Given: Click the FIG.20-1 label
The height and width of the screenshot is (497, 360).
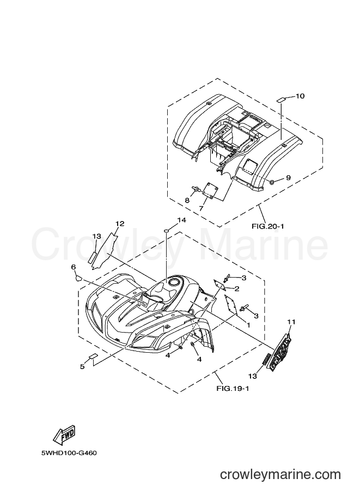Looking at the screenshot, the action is point(268,226).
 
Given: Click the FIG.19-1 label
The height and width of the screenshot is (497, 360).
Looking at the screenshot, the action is point(233,388).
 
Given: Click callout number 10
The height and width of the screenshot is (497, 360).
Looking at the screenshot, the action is point(300,96).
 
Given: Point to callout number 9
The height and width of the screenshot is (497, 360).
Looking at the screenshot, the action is point(288,178).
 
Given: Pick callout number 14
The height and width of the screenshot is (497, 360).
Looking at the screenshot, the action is point(181,220).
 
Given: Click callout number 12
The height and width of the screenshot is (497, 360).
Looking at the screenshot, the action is point(120,224).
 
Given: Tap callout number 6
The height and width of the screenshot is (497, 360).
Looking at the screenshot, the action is point(74,267).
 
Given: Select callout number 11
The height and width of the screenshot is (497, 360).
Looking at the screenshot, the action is point(291,322).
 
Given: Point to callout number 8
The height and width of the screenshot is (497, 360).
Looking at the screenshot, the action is point(187,200).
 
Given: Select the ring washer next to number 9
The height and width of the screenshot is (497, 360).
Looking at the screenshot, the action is point(272,182).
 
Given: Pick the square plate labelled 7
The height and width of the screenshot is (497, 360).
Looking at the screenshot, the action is point(209,191).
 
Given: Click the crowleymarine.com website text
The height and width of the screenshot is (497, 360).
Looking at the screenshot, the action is point(280,475).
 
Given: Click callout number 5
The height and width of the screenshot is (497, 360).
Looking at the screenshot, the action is point(82,367).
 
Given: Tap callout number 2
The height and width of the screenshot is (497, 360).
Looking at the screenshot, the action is point(236,289).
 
